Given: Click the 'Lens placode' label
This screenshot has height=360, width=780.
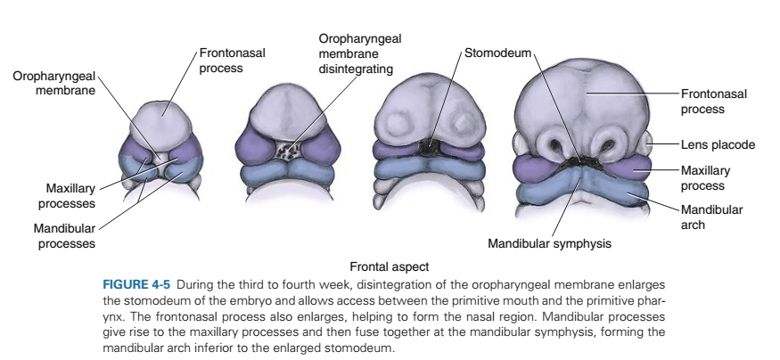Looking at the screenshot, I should pos(718,143).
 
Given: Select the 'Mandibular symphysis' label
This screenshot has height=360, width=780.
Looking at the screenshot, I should pos(549,242).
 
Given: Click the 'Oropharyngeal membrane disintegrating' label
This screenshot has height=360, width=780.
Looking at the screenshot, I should pos(359,53).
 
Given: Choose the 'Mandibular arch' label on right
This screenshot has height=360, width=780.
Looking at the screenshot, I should pos(711,217).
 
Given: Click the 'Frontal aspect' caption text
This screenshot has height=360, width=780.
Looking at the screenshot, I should pos(389,266).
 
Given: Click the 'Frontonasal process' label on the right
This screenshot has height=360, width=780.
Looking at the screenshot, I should pos(713,101).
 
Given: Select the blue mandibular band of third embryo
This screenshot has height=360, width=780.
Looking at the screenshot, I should pos(430,168).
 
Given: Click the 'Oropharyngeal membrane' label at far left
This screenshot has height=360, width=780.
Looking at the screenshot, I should pos(53,84).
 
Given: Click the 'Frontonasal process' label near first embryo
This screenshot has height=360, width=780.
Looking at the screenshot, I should pos(232,61).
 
